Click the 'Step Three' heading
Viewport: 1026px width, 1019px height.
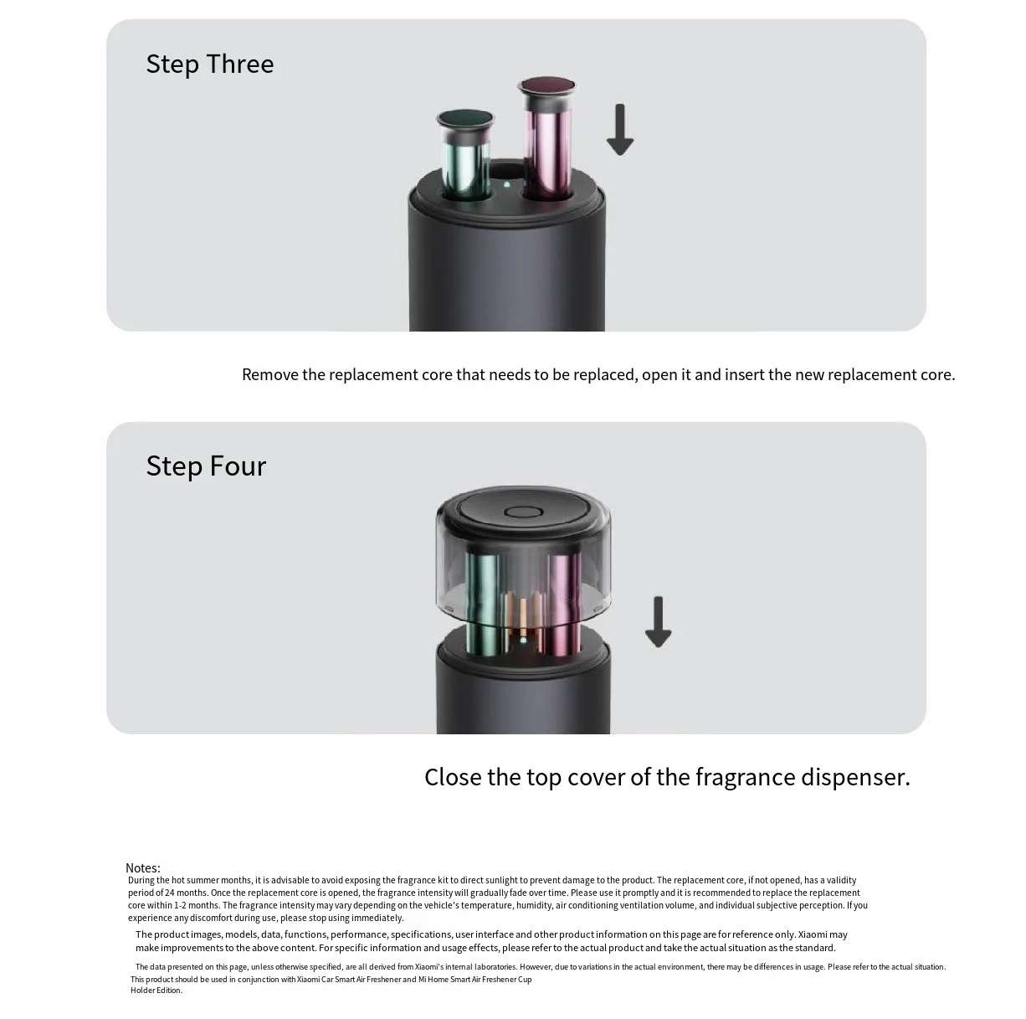[210, 64]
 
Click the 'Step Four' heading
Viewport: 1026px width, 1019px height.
[206, 466]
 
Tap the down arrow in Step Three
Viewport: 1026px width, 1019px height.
[620, 130]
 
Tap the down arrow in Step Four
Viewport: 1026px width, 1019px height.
[658, 622]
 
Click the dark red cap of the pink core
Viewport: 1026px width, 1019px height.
[547, 85]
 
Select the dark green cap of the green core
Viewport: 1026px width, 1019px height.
[465, 118]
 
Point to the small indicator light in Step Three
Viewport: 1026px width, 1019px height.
[506, 185]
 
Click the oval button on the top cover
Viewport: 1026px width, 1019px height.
[523, 512]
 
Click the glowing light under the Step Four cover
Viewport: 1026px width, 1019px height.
[523, 640]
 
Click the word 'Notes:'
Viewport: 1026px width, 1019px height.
[143, 868]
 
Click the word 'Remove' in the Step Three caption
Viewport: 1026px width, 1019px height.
[270, 374]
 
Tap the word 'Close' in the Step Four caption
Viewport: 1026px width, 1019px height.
[453, 777]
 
